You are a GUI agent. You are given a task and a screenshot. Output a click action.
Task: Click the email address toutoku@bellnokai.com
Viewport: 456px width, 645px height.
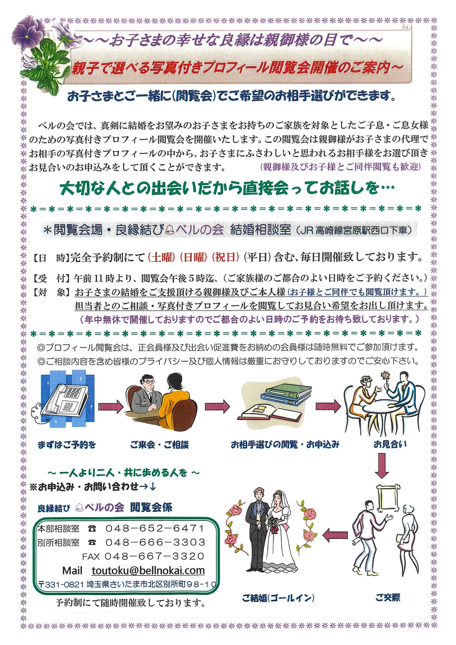(x=148, y=571)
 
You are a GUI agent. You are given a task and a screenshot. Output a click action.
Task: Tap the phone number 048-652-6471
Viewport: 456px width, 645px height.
(x=155, y=528)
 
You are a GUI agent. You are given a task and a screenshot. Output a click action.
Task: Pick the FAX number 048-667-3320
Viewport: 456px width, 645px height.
(x=155, y=556)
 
